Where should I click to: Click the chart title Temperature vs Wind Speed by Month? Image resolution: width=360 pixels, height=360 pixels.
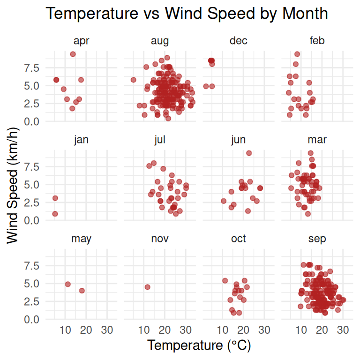pos(187,14)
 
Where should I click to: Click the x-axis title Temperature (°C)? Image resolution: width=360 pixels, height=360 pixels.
pos(199,345)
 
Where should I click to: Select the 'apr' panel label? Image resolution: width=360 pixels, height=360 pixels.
pos(81,41)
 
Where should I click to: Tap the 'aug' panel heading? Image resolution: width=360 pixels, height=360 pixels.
pos(160,41)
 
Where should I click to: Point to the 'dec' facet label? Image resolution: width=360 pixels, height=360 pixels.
pos(239,41)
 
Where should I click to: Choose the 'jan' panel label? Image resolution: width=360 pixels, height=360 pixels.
pos(81,140)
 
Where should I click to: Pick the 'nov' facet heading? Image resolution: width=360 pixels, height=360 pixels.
pos(160,239)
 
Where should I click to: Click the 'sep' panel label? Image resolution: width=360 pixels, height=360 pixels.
pos(317,239)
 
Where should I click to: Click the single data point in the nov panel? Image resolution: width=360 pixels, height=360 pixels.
pos(147,287)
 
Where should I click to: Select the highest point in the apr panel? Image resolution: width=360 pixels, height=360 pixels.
pos(73,54)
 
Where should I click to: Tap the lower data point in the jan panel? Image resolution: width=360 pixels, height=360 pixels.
pos(55,214)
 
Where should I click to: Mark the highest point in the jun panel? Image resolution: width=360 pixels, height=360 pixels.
pos(249,153)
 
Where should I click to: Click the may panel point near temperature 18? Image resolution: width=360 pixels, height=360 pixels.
pos(82,291)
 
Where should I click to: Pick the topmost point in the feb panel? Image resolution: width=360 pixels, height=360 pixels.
pos(297,54)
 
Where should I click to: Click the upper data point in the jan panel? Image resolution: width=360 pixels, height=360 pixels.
pos(55,198)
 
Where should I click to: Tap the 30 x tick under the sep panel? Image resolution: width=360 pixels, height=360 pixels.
pos(343,330)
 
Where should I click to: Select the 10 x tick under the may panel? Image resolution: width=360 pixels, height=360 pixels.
pos(65,330)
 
